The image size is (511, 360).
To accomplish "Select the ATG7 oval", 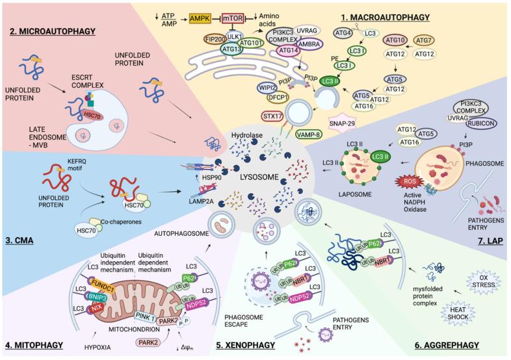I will click(444, 40).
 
